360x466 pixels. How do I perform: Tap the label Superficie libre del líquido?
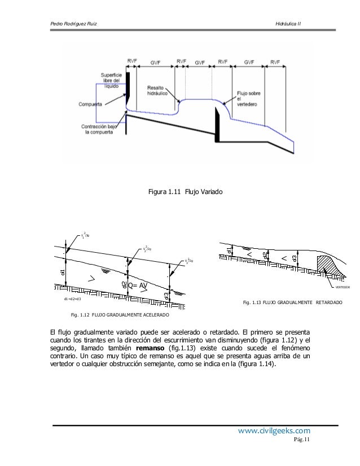[x=112, y=82]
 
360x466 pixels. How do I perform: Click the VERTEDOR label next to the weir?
[x=342, y=287]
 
